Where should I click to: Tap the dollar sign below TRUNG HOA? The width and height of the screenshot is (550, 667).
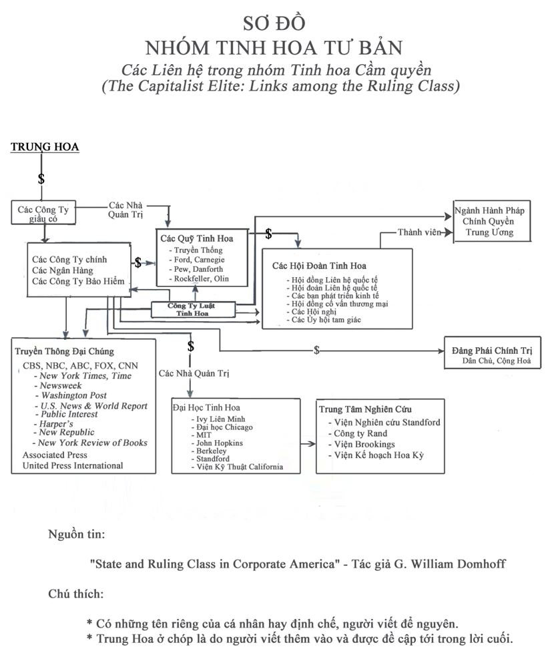[x=41, y=179]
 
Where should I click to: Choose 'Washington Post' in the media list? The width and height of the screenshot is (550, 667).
[x=74, y=395]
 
